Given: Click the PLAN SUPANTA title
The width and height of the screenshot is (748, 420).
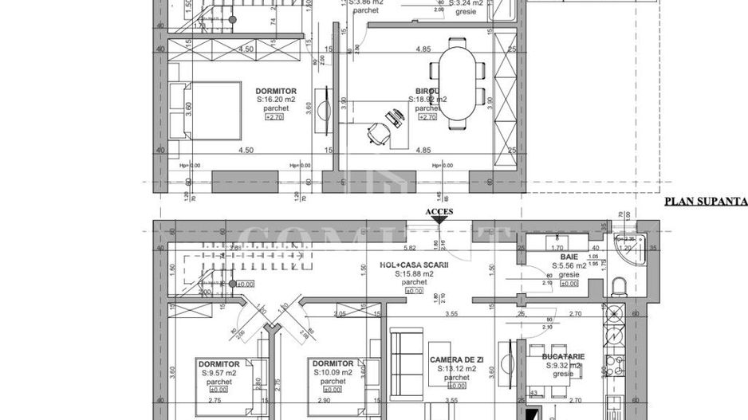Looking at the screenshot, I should pyautogui.click(x=705, y=202).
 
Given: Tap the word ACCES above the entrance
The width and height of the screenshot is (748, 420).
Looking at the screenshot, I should pyautogui.click(x=439, y=212).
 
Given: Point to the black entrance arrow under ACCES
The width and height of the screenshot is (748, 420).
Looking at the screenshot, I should pyautogui.click(x=439, y=222).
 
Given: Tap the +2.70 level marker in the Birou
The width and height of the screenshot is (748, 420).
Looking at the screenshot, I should pyautogui.click(x=427, y=116).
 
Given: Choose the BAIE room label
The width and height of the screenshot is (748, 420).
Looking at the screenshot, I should pyautogui.click(x=569, y=257).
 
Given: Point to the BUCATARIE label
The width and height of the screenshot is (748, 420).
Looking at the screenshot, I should pyautogui.click(x=564, y=356).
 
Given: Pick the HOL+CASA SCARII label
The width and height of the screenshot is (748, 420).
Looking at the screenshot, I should pyautogui.click(x=412, y=265).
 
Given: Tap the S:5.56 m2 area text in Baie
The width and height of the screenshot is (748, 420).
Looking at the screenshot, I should pyautogui.click(x=569, y=266).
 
